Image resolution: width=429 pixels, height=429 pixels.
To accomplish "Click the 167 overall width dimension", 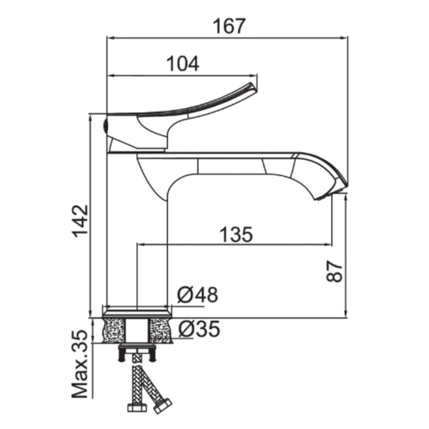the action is tap(230, 26).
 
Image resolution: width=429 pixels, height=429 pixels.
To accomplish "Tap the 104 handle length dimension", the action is tap(183, 64).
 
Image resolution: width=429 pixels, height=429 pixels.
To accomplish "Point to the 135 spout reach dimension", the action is tap(236, 235).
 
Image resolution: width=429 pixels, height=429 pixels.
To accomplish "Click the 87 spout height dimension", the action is tap(335, 271).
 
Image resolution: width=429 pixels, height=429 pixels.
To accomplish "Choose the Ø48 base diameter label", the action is tap(197, 295).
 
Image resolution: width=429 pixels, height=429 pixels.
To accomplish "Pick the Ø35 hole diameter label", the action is tap(199, 328).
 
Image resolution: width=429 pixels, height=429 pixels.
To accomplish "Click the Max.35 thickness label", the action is tap(80, 365).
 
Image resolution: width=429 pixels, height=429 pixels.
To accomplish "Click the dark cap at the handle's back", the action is tap(106, 126).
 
